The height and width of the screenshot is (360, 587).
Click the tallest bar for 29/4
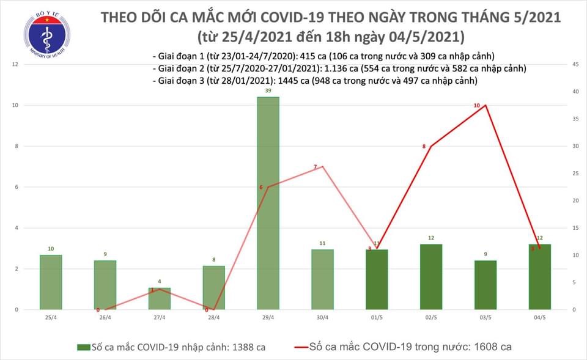tap(268, 203)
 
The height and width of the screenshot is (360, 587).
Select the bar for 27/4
tap(159, 298)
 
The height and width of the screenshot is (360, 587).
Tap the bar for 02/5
tap(431, 277)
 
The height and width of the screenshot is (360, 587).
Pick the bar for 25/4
tap(51, 282)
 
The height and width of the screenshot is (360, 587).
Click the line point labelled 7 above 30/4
tap(322, 166)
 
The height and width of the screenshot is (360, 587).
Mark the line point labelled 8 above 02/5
tap(431, 146)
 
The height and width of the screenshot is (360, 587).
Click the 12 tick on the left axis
tap(14, 64)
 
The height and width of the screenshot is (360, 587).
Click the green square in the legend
tap(81, 347)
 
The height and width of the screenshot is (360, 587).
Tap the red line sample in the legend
tap(308, 347)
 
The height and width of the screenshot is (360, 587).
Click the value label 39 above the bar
tap(268, 91)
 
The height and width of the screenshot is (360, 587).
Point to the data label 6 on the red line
tap(261, 186)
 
